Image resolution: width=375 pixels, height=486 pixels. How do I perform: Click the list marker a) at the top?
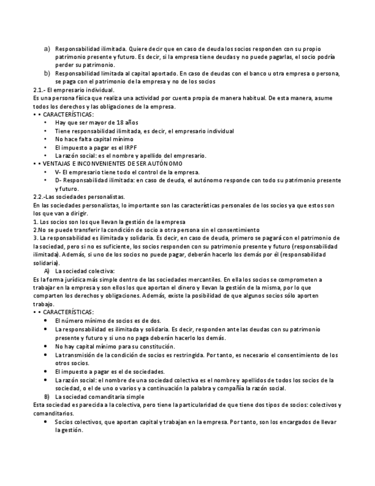pyautogui.click(x=47, y=49)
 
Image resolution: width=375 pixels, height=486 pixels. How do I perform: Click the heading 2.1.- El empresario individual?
pyautogui.click(x=74, y=90)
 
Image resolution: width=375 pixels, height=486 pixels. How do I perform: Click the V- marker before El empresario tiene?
pyautogui.click(x=58, y=172)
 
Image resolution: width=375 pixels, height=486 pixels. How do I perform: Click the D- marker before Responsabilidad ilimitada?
pyautogui.click(x=58, y=181)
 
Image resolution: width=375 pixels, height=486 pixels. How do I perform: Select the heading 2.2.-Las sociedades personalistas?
pyautogui.click(x=79, y=197)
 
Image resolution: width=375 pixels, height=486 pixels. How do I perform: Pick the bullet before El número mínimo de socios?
pyautogui.click(x=46, y=321)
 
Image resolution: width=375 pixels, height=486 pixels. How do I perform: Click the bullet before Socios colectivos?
pyautogui.click(x=46, y=422)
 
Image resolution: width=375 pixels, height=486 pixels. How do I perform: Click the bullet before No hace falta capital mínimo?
pyautogui.click(x=46, y=139)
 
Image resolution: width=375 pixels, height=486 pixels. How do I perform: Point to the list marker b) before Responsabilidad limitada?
pyautogui.click(x=47, y=73)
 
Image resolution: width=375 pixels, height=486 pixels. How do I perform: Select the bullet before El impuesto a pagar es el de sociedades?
pyautogui.click(x=46, y=371)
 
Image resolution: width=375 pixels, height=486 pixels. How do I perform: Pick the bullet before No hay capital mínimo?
pyautogui.click(x=46, y=347)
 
